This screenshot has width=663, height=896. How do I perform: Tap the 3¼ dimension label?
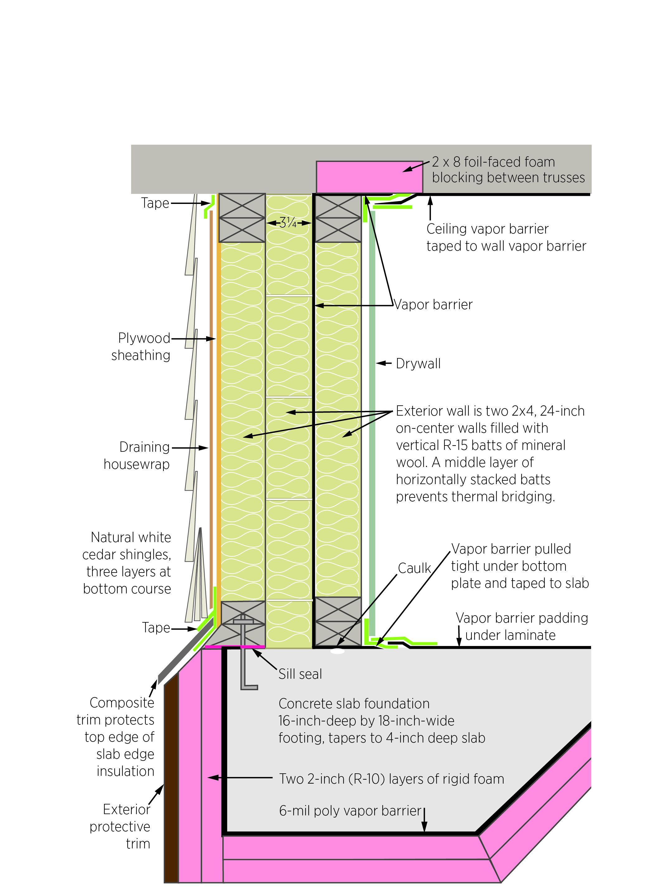tap(288, 222)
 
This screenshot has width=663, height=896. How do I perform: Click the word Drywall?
tap(418, 364)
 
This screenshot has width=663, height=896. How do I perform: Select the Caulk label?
tap(414, 568)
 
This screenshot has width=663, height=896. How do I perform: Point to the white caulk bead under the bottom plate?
tap(337, 651)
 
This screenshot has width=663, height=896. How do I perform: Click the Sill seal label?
tap(300, 674)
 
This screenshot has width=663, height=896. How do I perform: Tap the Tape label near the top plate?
tap(155, 203)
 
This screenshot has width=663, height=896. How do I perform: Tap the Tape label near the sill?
tap(156, 628)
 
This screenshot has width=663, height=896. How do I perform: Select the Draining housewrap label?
tap(137, 455)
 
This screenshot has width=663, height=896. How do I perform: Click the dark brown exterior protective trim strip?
tap(171, 782)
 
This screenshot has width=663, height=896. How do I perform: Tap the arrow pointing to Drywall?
tap(383, 363)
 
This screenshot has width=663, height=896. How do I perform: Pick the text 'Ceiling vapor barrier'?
tap(487, 229)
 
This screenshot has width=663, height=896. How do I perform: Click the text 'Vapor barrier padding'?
tap(522, 618)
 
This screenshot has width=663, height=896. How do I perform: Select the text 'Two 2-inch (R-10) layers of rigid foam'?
tap(391, 779)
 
